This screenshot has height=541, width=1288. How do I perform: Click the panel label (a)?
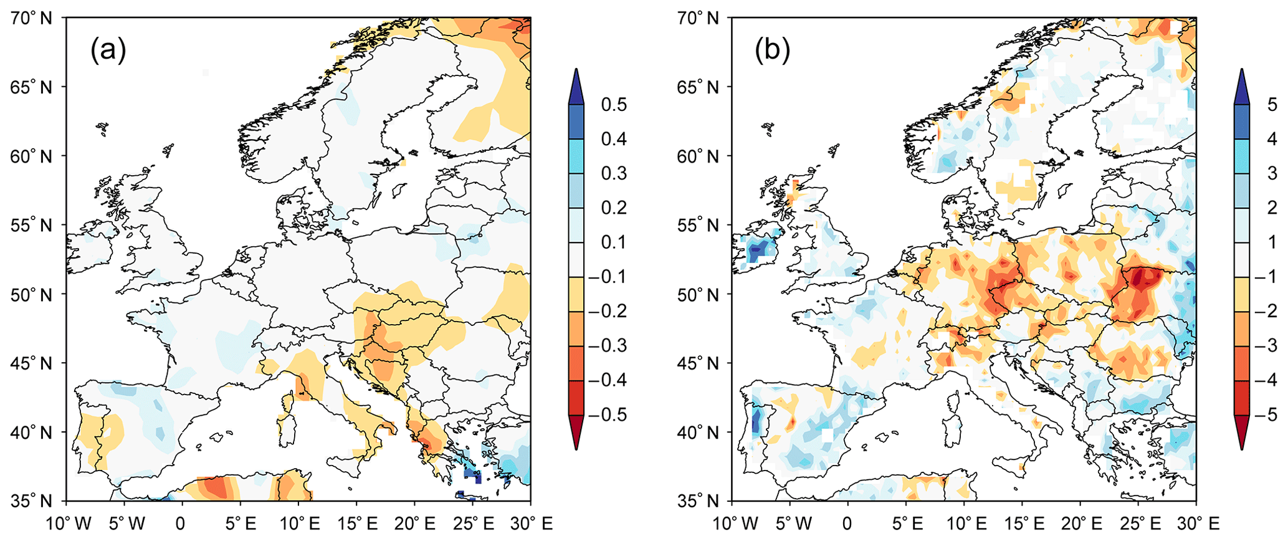(108, 50)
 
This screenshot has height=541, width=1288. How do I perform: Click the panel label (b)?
(773, 50)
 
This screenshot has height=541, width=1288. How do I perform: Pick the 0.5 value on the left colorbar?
(614, 105)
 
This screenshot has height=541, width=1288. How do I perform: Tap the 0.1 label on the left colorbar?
(614, 242)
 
